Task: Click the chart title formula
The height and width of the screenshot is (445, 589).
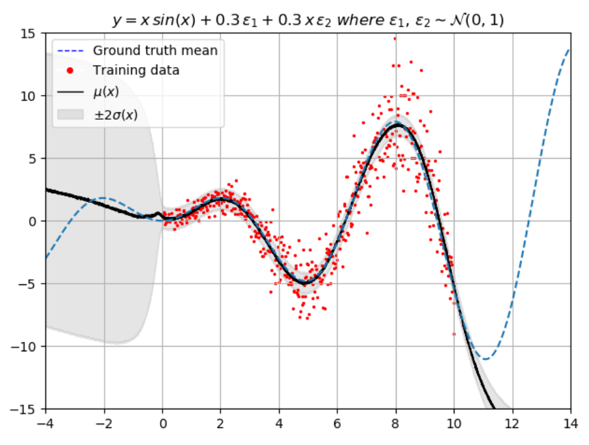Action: pyautogui.click(x=308, y=21)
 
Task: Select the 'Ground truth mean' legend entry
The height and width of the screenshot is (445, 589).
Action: pyautogui.click(x=155, y=50)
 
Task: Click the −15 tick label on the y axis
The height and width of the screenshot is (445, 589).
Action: pyautogui.click(x=28, y=409)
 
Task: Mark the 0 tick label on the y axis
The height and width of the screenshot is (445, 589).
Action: pyautogui.click(x=36, y=221)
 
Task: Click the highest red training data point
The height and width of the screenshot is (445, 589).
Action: pyautogui.click(x=395, y=38)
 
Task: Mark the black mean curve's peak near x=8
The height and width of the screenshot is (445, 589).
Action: pyautogui.click(x=397, y=125)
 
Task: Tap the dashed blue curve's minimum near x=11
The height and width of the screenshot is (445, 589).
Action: pyautogui.click(x=484, y=358)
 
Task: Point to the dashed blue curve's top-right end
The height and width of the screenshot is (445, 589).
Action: pyautogui.click(x=569, y=49)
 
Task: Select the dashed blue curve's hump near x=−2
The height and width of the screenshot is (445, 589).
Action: pyautogui.click(x=104, y=198)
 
